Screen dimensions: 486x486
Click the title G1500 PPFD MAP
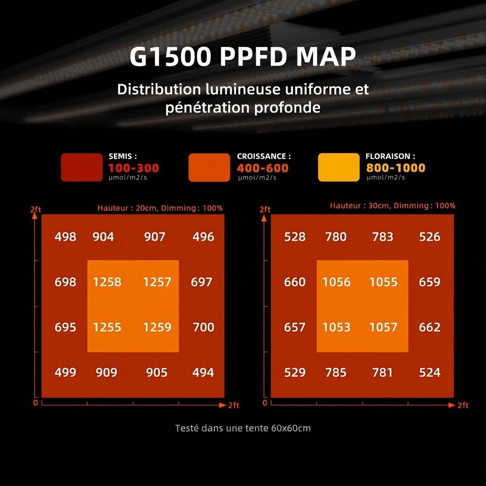[243, 57]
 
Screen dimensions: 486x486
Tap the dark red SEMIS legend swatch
[82, 168]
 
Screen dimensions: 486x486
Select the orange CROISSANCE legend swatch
[209, 168]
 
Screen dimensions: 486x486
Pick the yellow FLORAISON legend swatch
[338, 168]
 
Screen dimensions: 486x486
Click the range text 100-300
[133, 168]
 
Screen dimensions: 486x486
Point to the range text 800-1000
[395, 168]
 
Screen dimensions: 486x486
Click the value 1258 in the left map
[107, 282]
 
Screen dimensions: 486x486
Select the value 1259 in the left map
[157, 327]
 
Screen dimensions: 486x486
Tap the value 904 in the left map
[103, 237]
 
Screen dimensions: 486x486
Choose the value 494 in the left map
[203, 373]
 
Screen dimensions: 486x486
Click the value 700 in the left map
[204, 327]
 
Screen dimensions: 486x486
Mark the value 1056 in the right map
[336, 282]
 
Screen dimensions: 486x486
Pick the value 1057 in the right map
[383, 327]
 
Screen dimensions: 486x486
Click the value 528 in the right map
[295, 237]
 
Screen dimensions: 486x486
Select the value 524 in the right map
[430, 373]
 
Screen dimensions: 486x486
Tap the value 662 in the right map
[430, 327]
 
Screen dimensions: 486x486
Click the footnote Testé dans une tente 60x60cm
[243, 428]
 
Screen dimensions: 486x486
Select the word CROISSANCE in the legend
[262, 156]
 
